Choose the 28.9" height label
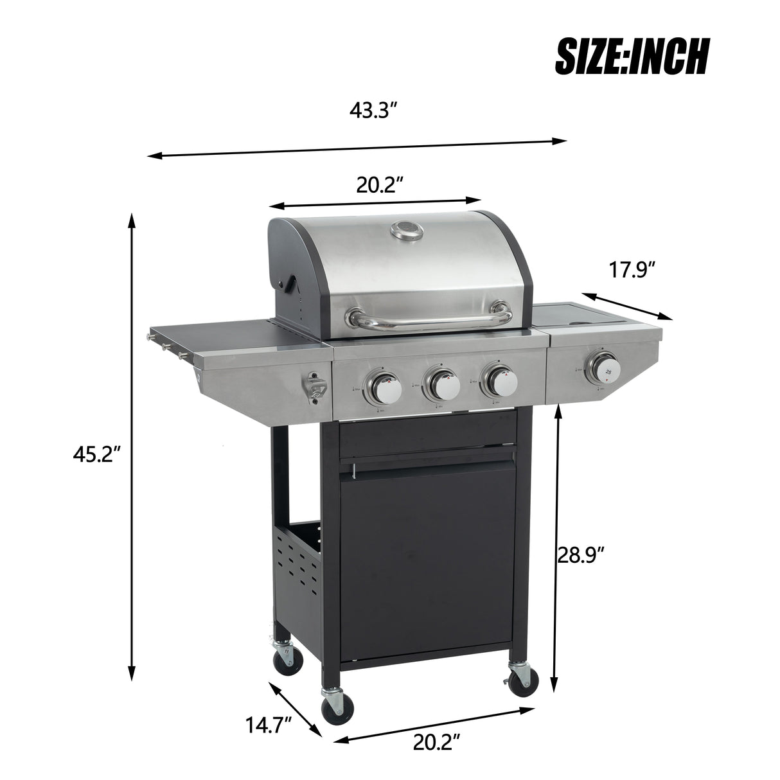coord(581,553)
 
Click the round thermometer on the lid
coord(407,231)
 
